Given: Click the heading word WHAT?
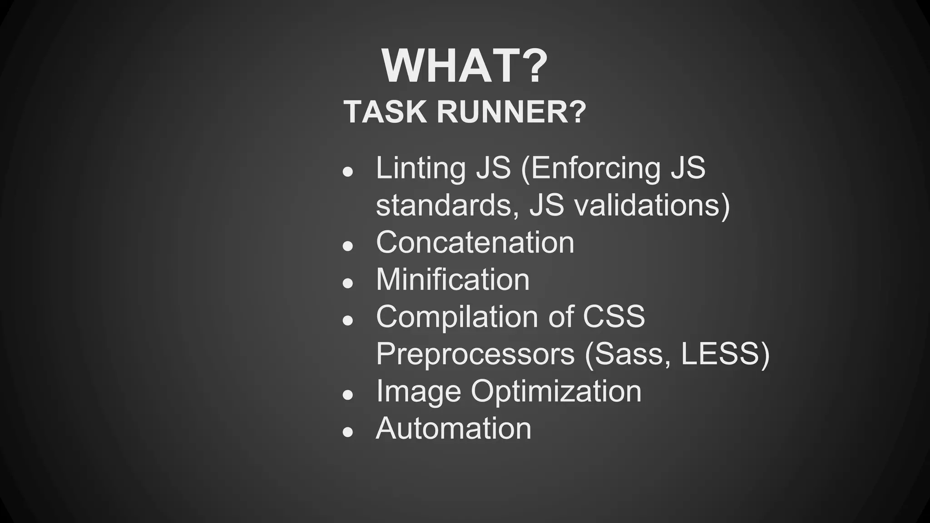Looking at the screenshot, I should point(465,66).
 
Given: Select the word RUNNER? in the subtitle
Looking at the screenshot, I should point(511,112).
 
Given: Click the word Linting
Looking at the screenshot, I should point(420,168).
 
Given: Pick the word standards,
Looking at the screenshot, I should point(447,205).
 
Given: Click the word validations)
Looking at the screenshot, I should point(652,205).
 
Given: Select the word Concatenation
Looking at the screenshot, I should point(475,242).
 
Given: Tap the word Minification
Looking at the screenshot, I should point(453,279).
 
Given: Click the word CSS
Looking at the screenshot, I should point(613,316).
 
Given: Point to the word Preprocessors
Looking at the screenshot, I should point(475,354).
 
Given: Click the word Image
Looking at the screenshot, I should point(418,392).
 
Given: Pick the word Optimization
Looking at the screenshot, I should point(556,392).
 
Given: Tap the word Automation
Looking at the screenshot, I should point(453,428).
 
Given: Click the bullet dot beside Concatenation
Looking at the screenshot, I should point(348,246).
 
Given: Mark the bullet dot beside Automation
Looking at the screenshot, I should point(348,432).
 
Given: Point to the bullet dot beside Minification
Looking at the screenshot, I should point(348,283).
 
